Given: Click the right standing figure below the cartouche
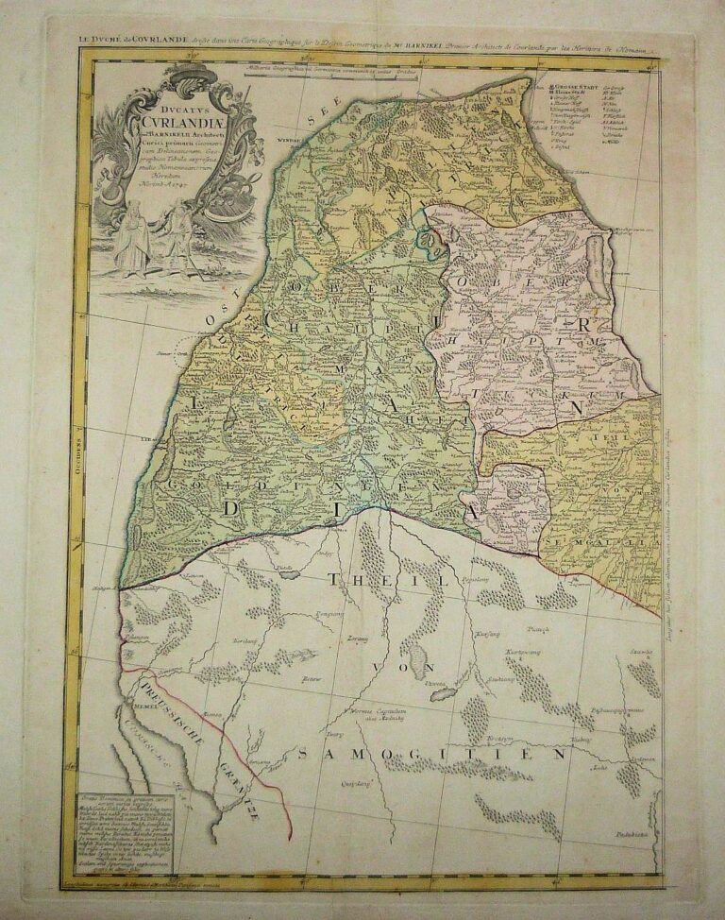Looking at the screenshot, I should coord(176,241).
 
